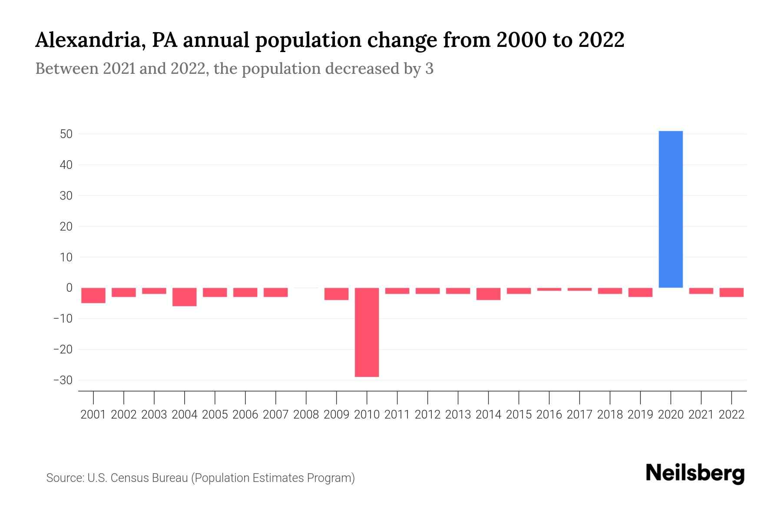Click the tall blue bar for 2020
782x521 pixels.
coord(670,209)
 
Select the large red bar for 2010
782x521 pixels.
coord(367,332)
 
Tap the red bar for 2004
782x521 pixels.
coord(184,297)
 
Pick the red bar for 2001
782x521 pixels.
coord(93,295)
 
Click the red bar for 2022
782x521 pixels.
coord(731,292)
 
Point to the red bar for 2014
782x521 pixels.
coord(488,294)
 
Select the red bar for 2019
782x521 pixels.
coord(640,292)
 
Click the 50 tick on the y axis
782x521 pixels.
coord(66,134)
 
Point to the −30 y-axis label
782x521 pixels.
coord(63,380)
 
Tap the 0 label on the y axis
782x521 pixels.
coord(69,288)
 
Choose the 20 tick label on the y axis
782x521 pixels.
coord(66,227)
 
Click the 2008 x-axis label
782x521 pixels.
coord(306,415)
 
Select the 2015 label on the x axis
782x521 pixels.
coord(518,415)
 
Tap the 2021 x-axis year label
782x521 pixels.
coord(701,415)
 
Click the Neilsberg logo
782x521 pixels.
coord(695,473)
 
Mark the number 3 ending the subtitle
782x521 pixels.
coord(429,69)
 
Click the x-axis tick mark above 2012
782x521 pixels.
coord(427,397)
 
